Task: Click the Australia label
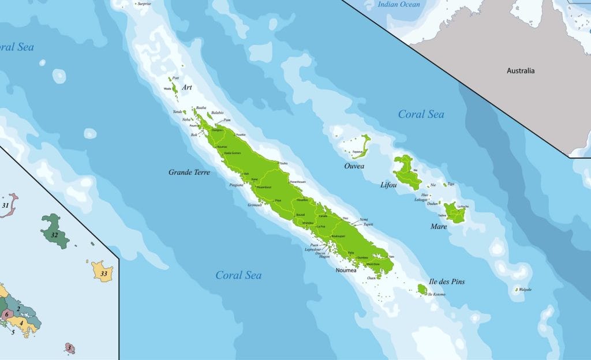(521, 71)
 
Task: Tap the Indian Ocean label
(398, 5)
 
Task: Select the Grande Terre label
(189, 172)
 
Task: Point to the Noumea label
(346, 269)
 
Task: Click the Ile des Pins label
(447, 282)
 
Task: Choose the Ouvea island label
(354, 166)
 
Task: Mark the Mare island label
(439, 226)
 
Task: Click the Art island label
(186, 88)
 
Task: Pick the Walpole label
(525, 289)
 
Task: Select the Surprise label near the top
(144, 4)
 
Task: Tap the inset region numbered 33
(103, 272)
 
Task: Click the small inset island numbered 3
(69, 348)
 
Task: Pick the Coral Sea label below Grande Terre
(238, 275)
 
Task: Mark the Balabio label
(218, 112)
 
